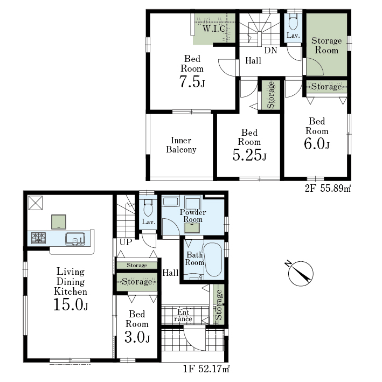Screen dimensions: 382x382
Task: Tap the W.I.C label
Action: coord(214,29)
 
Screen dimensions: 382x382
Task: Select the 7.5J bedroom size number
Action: coord(192,81)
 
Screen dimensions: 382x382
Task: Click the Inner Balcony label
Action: coord(181,145)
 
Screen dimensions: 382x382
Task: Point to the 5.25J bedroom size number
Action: coord(249,155)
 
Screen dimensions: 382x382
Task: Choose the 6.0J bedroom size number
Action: coord(316,144)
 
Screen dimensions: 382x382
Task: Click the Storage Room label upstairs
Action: coord(327,45)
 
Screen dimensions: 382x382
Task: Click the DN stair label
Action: coord(270,50)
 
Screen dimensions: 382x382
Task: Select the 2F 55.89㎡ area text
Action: coord(328,188)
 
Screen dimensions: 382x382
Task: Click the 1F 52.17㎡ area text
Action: coord(206,369)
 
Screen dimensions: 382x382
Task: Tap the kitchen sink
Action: coord(75,239)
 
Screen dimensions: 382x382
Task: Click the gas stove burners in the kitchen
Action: coord(38,238)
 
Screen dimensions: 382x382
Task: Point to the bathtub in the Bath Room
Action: coord(213,260)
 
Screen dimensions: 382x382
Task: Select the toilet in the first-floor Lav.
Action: coord(148,207)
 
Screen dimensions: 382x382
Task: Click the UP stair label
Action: coord(126,242)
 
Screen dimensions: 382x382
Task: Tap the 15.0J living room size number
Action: coord(71,304)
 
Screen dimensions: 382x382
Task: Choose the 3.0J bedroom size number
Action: coord(137,337)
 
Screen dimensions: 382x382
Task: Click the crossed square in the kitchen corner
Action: coord(36,203)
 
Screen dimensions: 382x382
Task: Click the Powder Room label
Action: coord(193,216)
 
